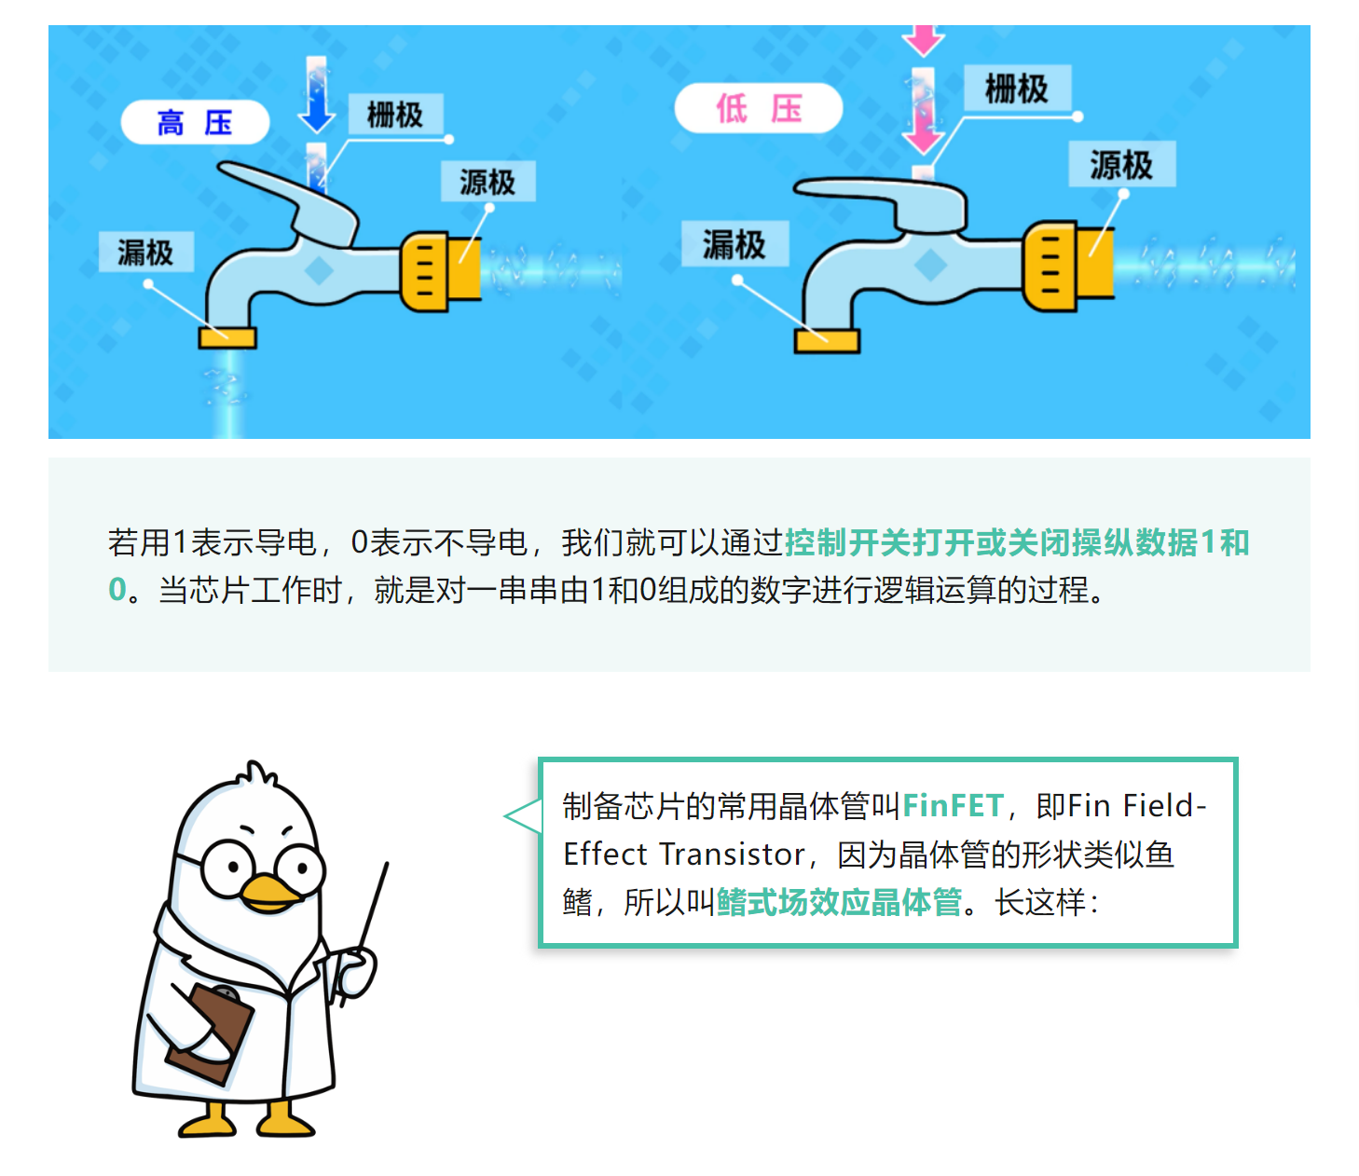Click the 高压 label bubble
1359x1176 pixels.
coord(195,122)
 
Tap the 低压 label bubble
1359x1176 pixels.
coord(758,108)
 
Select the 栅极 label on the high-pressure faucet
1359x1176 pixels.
coord(395,115)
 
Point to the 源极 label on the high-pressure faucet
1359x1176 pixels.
coord(487,182)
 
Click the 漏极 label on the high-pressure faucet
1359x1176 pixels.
coord(145,252)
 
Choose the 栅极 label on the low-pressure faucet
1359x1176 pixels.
coord(1016,89)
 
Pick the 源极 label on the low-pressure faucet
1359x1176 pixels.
coord(1121,165)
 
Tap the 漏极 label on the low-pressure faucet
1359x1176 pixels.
coord(734,244)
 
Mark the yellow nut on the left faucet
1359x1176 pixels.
coord(426,271)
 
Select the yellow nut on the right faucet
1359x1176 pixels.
coord(1050,266)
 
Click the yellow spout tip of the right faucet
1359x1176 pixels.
coord(827,341)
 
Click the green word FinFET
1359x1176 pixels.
coord(953,805)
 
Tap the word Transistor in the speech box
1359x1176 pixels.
coord(733,854)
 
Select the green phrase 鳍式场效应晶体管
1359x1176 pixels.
coord(839,902)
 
